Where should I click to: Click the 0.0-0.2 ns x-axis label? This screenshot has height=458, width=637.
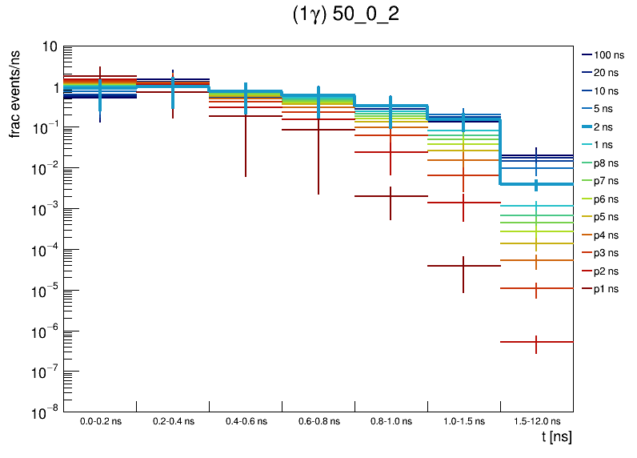(x=100, y=421)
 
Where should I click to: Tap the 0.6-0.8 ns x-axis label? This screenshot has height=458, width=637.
(x=318, y=421)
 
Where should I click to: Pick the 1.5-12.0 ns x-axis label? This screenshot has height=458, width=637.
(x=536, y=421)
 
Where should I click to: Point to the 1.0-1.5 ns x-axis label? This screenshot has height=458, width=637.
(x=463, y=421)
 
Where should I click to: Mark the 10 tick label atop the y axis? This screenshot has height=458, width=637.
(x=48, y=47)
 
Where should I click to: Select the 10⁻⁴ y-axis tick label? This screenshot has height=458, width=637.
(x=45, y=250)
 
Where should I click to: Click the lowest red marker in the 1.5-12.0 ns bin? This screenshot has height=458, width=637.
(x=536, y=342)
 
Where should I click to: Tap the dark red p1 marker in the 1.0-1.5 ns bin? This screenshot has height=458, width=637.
(x=463, y=265)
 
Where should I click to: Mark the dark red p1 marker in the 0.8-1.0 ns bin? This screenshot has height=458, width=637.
(x=391, y=195)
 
